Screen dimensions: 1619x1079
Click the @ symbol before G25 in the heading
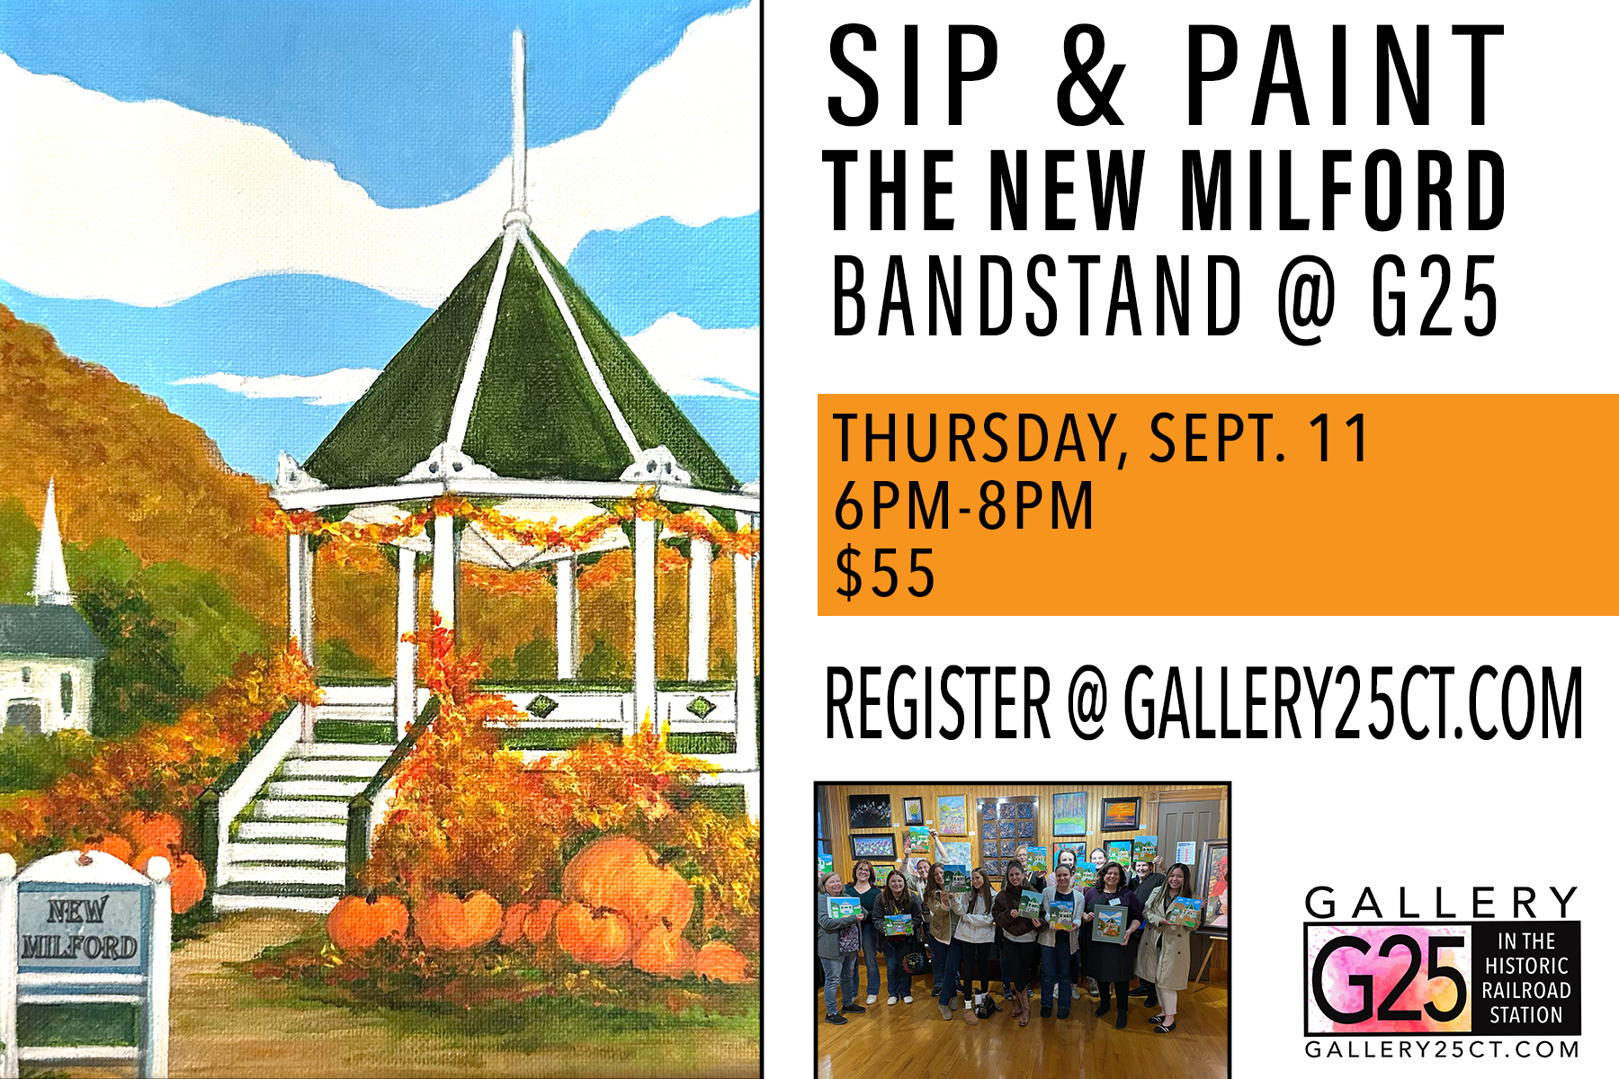pos(1309,298)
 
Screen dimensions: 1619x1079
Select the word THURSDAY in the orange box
pos(975,440)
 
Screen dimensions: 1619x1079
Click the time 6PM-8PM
pos(963,505)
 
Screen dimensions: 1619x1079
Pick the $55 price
pos(885,573)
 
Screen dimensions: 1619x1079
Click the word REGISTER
pos(938,703)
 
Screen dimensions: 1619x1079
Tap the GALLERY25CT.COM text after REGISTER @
pos(1353,703)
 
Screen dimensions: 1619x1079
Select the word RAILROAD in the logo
pos(1526,990)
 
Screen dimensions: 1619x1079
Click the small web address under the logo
pos(1442,1049)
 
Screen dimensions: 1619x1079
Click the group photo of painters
pos(1022,931)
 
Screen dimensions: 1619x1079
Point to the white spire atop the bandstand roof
pos(518,126)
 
